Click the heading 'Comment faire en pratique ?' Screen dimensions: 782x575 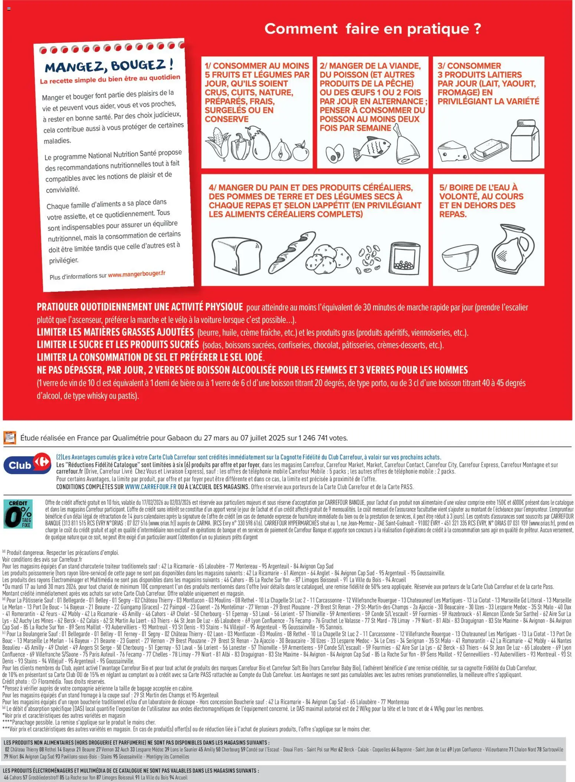pos(372,29)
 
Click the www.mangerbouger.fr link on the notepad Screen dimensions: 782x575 pos(137,274)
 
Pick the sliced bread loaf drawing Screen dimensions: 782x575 pos(236,256)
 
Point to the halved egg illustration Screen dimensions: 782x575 pos(335,154)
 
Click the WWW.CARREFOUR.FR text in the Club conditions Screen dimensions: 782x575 pos(151,487)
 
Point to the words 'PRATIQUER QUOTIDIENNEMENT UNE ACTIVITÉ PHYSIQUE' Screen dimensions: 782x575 pos(139,307)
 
